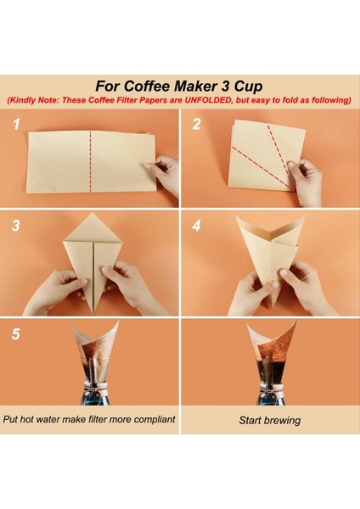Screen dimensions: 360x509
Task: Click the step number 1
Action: [17, 124]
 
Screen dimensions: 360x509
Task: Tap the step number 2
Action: [197, 124]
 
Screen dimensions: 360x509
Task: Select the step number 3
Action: [15, 226]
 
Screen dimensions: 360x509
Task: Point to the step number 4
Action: [197, 226]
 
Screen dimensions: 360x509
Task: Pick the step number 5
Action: [15, 334]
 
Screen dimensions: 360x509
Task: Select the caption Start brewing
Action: [270, 421]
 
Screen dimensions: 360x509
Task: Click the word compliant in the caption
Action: [155, 419]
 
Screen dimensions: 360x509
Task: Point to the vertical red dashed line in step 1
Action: [90, 161]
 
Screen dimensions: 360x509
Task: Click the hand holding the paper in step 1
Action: [164, 174]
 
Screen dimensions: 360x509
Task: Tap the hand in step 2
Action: [306, 182]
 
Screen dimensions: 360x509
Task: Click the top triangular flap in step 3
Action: [93, 229]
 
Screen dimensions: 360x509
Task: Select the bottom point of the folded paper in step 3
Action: [93, 313]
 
